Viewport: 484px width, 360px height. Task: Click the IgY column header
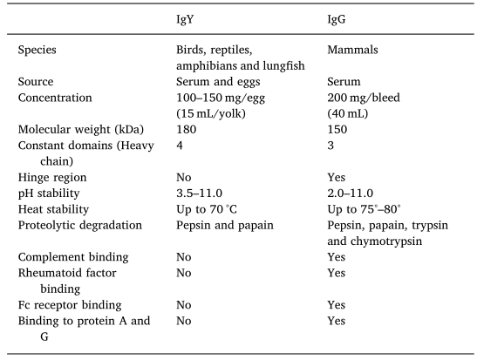tap(185, 19)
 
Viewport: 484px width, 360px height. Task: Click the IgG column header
tap(337, 19)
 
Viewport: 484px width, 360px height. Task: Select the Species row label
tap(37, 50)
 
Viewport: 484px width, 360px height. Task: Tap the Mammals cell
tap(352, 50)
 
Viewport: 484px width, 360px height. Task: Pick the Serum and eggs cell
tap(218, 82)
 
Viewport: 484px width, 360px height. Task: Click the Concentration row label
tap(55, 98)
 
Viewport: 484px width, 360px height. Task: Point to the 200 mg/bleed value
tap(364, 98)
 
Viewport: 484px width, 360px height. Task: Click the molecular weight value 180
tap(186, 129)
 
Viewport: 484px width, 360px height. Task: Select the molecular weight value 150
tap(337, 129)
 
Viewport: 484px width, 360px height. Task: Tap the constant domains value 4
tap(180, 146)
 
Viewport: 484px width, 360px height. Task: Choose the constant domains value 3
tap(331, 146)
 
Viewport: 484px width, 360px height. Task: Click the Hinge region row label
tap(52, 177)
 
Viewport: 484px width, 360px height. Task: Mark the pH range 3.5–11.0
tap(199, 194)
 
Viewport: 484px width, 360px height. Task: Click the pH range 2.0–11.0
tap(351, 194)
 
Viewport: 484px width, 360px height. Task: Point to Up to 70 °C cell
tap(207, 209)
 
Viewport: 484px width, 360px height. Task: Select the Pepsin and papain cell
tap(225, 226)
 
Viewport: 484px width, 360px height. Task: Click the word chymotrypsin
tap(386, 241)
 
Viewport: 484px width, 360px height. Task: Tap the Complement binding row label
tap(73, 257)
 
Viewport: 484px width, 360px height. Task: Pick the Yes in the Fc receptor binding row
tap(336, 305)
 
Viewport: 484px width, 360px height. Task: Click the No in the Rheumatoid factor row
tap(184, 273)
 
